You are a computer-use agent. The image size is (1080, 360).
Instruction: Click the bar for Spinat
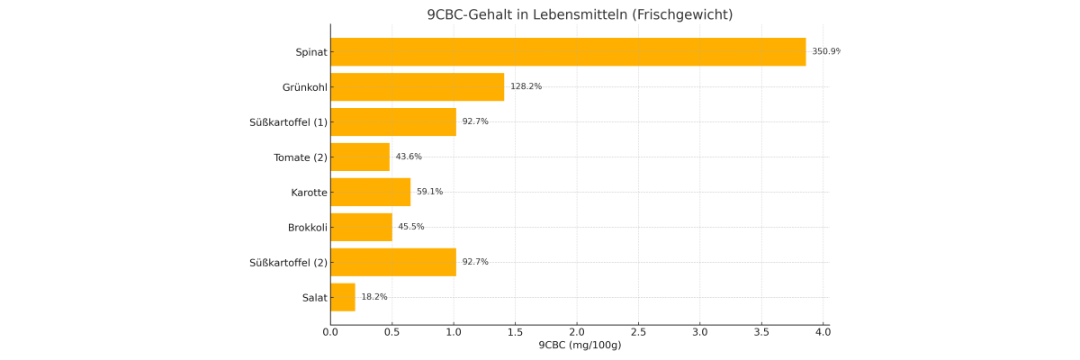(x=568, y=52)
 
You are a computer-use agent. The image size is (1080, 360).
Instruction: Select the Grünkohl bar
(x=417, y=87)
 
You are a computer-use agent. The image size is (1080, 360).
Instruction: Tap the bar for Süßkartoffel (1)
(x=393, y=122)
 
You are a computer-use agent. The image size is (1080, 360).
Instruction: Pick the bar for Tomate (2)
(x=360, y=157)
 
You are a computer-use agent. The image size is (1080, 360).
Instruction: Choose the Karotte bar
(x=370, y=192)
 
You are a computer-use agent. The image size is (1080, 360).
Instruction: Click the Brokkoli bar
(x=361, y=227)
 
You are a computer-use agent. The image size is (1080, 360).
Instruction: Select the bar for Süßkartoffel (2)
(x=393, y=262)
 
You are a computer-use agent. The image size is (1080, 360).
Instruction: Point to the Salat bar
(x=343, y=297)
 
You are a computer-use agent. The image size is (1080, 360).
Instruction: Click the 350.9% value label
(x=825, y=52)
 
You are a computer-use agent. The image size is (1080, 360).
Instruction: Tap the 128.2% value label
(x=526, y=87)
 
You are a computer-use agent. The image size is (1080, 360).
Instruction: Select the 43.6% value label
(x=409, y=157)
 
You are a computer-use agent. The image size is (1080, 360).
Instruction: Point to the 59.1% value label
(x=429, y=192)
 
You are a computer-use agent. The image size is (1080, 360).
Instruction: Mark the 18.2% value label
(x=374, y=297)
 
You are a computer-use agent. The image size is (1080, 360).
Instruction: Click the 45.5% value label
(x=411, y=227)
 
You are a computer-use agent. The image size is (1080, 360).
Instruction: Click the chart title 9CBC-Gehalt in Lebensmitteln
(x=580, y=14)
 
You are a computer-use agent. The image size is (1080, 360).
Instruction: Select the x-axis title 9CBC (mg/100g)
(x=580, y=346)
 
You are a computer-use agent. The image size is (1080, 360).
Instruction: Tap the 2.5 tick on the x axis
(x=638, y=331)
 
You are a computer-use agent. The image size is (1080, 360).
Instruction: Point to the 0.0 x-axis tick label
(x=330, y=331)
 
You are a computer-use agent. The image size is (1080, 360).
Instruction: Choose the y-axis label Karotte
(x=309, y=193)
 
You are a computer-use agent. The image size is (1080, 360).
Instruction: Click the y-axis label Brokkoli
(x=307, y=228)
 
